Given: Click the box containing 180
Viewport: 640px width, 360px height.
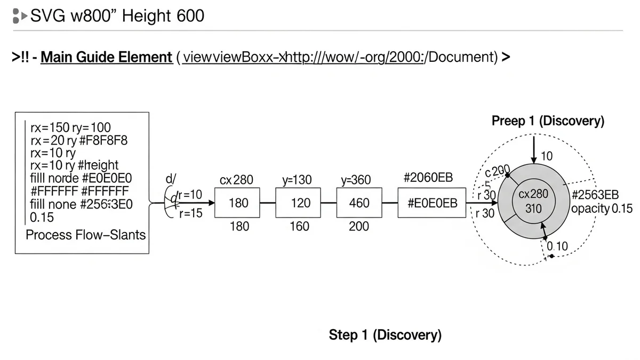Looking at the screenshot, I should click(x=238, y=203).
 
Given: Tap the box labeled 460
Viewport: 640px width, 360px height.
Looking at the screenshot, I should click(x=359, y=203).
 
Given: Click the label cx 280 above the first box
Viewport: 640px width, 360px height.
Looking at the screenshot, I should click(x=236, y=180).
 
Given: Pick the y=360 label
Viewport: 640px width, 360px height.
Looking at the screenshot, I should click(x=356, y=180).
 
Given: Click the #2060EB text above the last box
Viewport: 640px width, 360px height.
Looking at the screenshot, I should click(x=428, y=178).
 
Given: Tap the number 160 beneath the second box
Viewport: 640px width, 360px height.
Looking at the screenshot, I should click(x=299, y=227).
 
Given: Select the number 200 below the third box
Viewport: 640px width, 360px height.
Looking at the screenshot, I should click(x=358, y=227).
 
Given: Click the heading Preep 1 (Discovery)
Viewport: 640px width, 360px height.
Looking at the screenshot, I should click(x=548, y=121).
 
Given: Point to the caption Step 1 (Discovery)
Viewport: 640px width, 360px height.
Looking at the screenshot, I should click(x=385, y=335).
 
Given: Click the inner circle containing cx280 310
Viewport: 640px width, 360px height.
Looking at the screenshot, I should click(x=533, y=202).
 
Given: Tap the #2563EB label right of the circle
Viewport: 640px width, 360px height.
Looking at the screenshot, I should click(x=595, y=195).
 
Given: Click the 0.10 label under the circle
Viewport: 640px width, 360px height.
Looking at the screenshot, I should click(x=558, y=246).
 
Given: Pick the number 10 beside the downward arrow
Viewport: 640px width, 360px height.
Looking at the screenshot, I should click(x=547, y=156).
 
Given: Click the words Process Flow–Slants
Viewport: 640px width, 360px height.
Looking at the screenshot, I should click(x=85, y=235).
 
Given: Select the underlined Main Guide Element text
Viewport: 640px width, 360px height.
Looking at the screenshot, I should click(x=106, y=57).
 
